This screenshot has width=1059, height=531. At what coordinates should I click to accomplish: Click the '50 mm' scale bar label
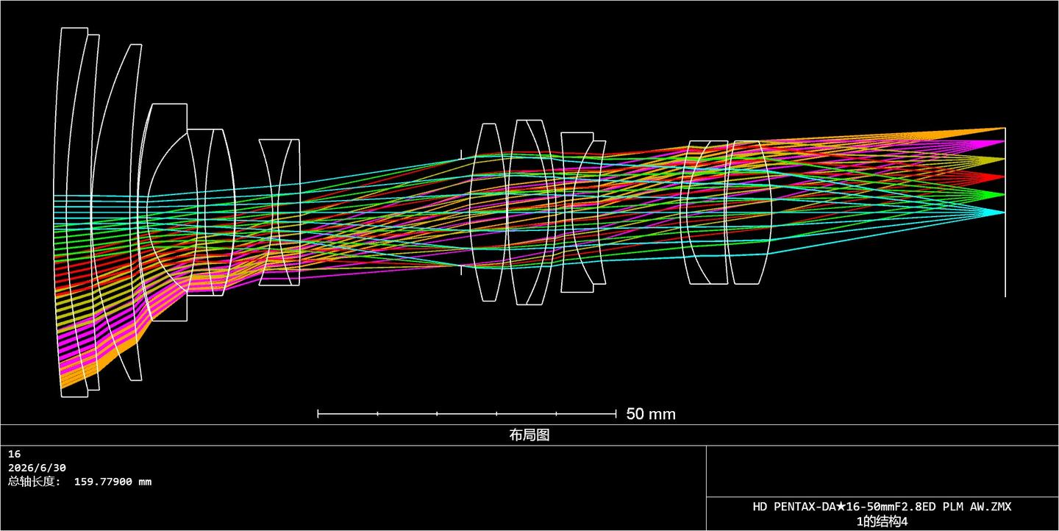pos(651,414)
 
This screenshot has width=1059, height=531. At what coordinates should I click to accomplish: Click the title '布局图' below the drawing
pos(529,435)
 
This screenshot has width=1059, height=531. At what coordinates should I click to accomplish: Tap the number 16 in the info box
pos(14,455)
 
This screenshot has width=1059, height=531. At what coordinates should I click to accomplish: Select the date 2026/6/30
pos(37,468)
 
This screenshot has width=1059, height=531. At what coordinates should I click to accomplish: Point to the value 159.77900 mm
pos(113,482)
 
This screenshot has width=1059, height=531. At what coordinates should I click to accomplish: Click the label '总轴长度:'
pos(35,482)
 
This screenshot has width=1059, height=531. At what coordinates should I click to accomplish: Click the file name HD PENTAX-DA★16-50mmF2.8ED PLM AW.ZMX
pos(883,507)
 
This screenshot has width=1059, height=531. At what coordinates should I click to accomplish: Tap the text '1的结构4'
pos(883,521)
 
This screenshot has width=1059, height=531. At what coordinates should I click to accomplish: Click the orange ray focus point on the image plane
pos(1004,128)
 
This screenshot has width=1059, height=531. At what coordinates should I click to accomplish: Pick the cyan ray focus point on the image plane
pos(1004,213)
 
